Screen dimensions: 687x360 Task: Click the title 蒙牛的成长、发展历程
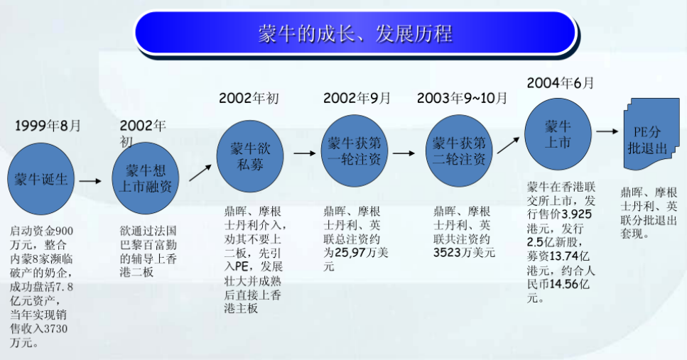tap(355, 34)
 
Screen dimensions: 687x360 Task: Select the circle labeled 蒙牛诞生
tap(40, 179)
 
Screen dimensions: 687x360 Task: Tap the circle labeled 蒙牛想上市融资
tap(146, 178)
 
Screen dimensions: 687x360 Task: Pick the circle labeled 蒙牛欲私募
tap(250, 156)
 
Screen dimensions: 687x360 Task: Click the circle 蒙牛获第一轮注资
tap(355, 151)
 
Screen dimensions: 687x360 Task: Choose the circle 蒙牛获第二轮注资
tap(459, 151)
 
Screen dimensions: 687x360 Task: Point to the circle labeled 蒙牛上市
tap(558, 134)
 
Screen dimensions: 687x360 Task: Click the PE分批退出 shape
tap(651, 134)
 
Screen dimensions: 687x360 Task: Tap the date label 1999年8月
tap(48, 126)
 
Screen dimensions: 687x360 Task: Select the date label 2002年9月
tap(357, 98)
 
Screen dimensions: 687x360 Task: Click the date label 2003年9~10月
tap(462, 98)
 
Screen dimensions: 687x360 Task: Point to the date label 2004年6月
tap(561, 83)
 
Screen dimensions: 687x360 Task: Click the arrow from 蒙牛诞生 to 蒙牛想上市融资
tap(91, 181)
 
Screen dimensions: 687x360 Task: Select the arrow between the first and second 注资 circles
tap(404, 153)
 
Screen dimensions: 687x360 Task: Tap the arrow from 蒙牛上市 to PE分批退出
tap(607, 131)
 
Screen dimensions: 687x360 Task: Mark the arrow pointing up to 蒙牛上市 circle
tap(508, 146)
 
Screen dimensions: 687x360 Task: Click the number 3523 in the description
tap(448, 253)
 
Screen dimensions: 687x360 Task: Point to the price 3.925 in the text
tap(577, 214)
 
